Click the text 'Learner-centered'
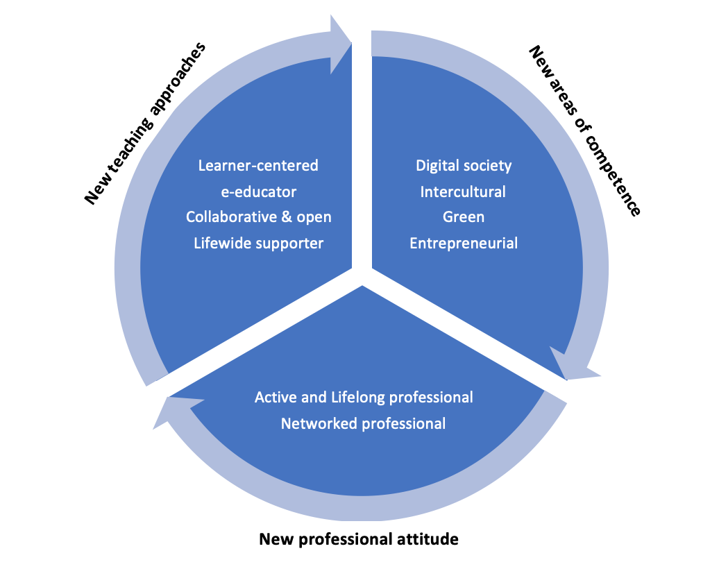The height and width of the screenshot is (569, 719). coord(258,166)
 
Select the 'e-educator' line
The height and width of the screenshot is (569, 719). coord(258,192)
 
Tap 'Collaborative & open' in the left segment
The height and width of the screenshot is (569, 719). coord(258,217)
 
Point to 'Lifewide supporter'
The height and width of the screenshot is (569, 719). coord(258,244)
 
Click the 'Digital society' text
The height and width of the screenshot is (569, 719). coord(464,166)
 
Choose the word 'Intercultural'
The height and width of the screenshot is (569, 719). coord(463,192)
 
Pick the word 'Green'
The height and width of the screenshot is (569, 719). coord(464,217)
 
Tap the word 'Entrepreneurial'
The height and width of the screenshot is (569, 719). coord(464,244)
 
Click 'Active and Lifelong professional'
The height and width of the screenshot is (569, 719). coord(364,398)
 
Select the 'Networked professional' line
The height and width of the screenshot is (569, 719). coord(363,423)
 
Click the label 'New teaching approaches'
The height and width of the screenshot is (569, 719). coord(145,124)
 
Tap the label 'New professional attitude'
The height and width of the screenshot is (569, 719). coord(359,538)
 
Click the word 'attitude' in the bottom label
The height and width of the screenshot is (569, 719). coord(431,538)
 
